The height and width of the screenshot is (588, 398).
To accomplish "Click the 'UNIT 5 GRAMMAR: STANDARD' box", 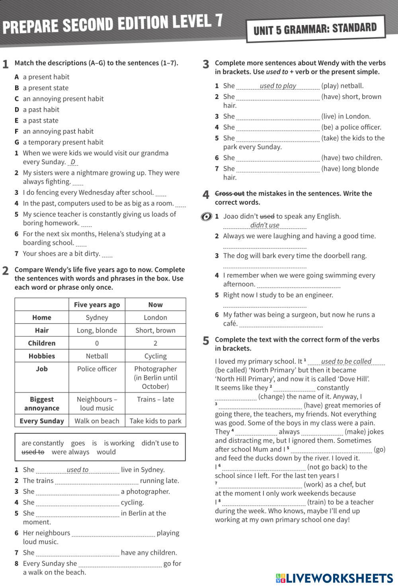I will tap(315, 29).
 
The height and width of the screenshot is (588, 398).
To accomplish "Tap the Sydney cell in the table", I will tap(97, 317).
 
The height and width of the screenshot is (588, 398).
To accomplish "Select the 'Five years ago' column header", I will tap(97, 305).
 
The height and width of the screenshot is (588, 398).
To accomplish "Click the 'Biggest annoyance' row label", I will tap(42, 404).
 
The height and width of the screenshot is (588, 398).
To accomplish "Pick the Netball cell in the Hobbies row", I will tap(97, 356).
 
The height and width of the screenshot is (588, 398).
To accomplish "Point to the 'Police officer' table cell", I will tap(97, 369).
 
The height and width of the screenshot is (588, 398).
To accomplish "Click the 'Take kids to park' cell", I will tap(155, 421).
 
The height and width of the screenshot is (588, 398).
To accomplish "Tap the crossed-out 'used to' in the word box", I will tap(33, 452).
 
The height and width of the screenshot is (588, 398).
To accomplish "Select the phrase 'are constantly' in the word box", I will tap(43, 443).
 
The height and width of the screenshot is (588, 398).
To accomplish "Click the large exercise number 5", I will tap(206, 341).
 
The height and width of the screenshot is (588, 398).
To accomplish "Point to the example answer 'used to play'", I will tap(278, 85).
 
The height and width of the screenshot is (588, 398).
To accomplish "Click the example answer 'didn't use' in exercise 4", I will tap(265, 225).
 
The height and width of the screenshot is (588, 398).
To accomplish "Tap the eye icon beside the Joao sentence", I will tap(206, 217).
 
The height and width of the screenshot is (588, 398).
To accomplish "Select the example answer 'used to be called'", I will tap(346, 361).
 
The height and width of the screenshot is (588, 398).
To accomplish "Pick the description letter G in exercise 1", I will tap(17, 142).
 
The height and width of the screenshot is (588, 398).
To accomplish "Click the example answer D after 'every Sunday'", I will tap(73, 162).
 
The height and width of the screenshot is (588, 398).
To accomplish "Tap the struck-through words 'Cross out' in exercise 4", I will tap(229, 193).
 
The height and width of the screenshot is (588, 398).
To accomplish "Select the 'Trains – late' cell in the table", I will tap(155, 399).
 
